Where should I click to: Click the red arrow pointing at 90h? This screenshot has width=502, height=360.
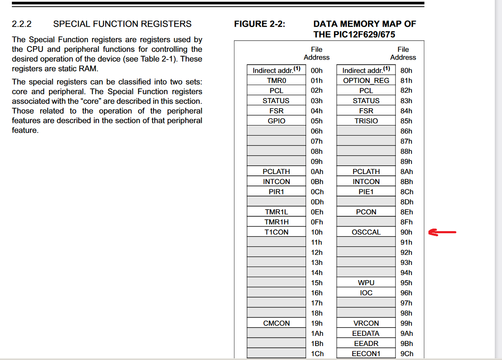pos(442,232)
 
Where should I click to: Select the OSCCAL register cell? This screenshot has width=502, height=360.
pos(366,232)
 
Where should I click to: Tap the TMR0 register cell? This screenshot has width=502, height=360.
pos(276,80)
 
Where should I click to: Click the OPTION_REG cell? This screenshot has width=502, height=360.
pos(366,80)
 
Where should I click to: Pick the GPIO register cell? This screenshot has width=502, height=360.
pos(276,121)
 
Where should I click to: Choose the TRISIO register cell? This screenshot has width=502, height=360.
pos(366,121)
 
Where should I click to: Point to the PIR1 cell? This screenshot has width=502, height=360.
pos(276,191)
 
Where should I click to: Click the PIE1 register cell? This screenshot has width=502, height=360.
pos(366,191)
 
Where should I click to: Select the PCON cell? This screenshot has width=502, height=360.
pos(366,212)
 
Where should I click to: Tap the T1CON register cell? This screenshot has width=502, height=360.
pos(276,232)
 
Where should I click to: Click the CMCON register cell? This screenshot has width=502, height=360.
pos(276,323)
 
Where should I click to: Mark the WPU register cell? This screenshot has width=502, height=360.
pos(366,283)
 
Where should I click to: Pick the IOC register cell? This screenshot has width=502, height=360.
pos(366,293)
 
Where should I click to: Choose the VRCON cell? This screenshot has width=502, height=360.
pos(366,323)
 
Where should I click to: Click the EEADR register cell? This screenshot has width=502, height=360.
pos(366,344)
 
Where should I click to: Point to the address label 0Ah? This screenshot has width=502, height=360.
pos(316,172)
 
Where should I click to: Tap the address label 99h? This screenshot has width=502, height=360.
pos(406,323)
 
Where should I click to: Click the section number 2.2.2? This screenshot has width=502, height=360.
pos(22,24)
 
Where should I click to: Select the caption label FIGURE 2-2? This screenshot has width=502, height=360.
pos(260,24)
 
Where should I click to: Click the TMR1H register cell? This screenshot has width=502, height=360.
pos(276,222)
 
